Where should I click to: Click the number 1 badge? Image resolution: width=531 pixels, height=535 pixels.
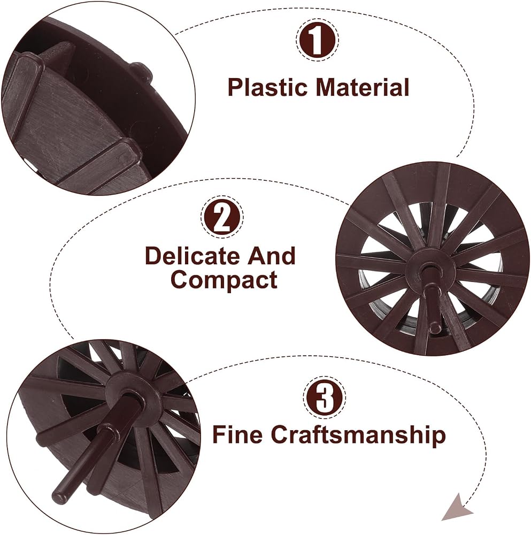tap(317, 40)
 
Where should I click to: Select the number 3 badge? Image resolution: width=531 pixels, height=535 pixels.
tap(324, 397)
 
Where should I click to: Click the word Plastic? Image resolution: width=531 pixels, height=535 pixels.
tap(268, 87)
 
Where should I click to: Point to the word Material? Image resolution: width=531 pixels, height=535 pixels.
tap(363, 87)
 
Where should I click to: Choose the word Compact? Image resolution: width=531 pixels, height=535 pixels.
tap(224, 280)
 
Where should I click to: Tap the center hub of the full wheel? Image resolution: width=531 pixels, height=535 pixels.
tap(428, 270)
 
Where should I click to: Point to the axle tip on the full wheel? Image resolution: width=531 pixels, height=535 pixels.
tap(434, 328)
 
